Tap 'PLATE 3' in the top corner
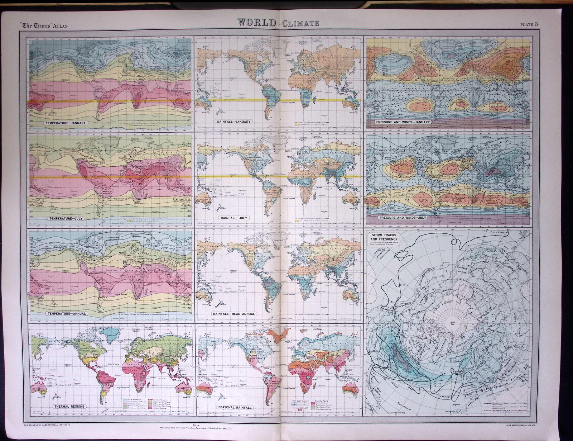(x=529, y=24)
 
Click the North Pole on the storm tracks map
(x=450, y=313)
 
